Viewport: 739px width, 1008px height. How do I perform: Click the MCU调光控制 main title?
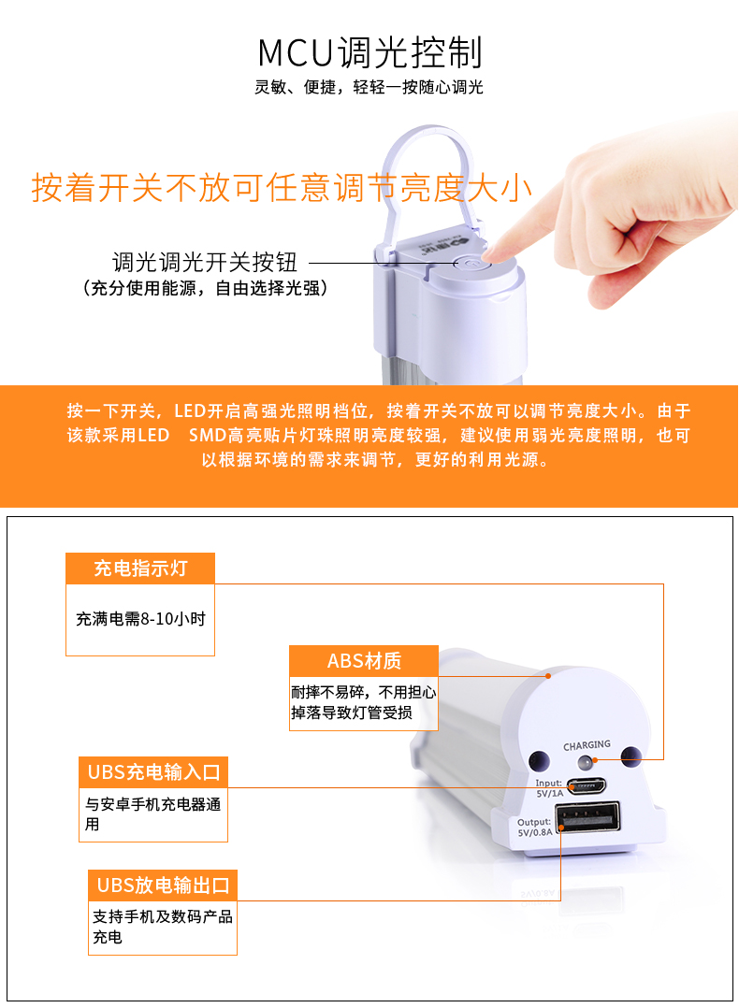point(369,52)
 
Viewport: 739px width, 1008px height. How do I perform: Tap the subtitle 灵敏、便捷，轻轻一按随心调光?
point(369,87)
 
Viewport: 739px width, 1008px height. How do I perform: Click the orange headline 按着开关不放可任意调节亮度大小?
point(282,188)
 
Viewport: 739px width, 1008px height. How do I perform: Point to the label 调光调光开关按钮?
point(205,262)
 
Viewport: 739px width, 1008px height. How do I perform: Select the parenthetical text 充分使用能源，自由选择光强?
point(205,288)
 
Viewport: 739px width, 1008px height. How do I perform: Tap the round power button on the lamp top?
point(466,263)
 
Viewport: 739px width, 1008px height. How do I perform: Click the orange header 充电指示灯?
point(140,569)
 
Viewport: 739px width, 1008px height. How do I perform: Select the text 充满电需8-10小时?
point(141,619)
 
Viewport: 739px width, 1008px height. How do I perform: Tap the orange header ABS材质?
point(364,661)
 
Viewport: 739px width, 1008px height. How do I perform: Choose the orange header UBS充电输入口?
point(153,772)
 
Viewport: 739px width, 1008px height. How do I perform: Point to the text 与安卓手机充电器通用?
point(153,814)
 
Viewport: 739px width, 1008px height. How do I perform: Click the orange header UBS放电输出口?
point(163,886)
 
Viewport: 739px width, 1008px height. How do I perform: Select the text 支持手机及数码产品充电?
point(163,927)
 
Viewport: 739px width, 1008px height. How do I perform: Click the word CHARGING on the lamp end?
point(587,745)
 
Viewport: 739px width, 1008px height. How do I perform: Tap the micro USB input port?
point(586,785)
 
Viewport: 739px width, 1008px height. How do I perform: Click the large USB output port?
point(587,816)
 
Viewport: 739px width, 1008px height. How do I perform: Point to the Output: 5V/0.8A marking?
point(534,828)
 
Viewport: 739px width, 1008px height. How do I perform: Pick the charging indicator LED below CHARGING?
point(586,763)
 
